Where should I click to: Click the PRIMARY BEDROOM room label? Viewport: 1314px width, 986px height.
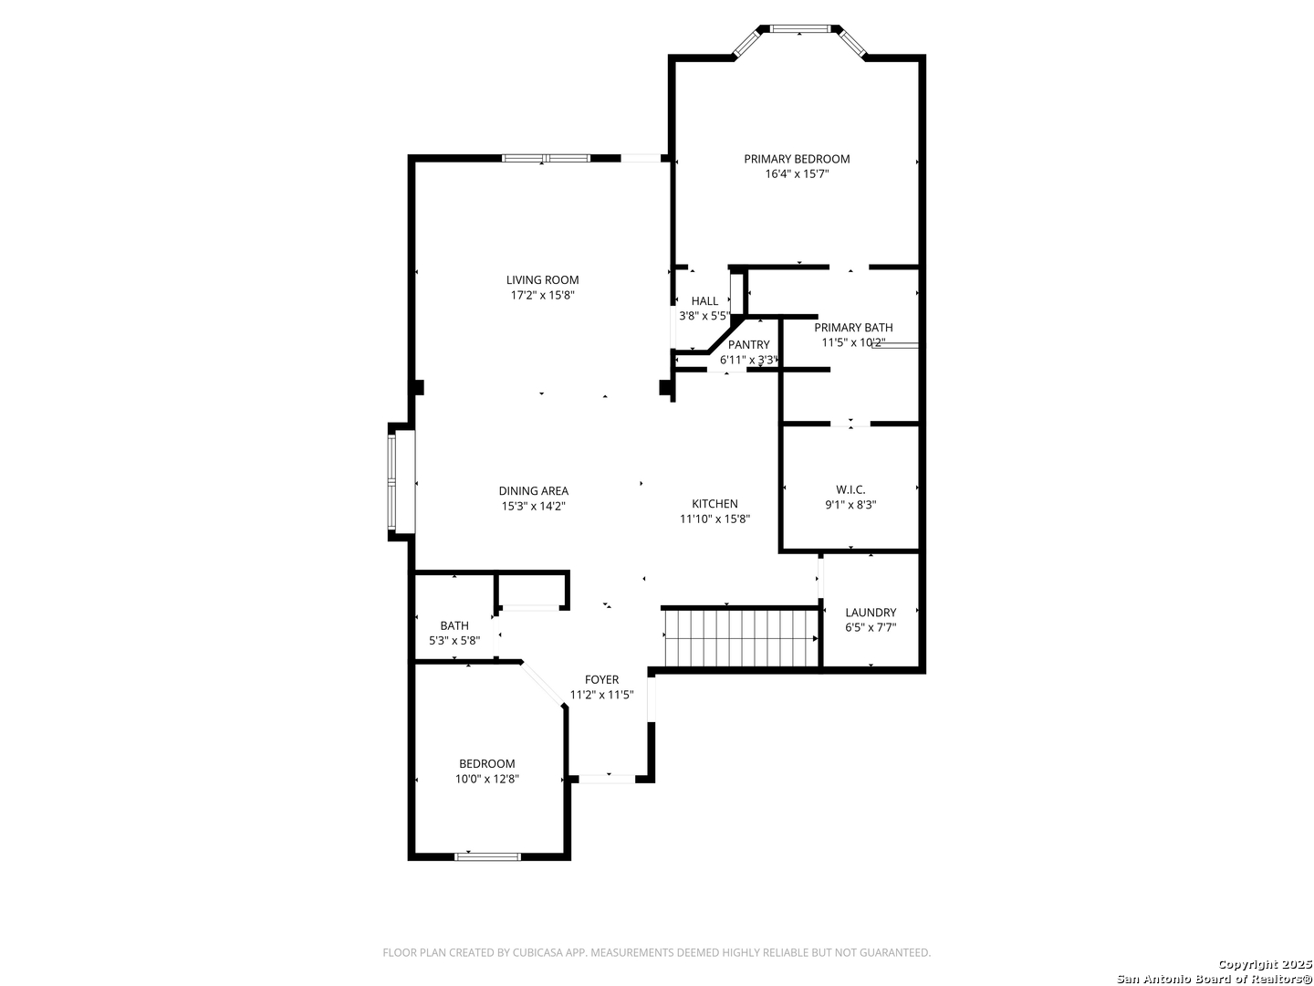(797, 159)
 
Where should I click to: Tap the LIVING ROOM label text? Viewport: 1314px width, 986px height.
(542, 280)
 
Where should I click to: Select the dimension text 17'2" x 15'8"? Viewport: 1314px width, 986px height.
(542, 295)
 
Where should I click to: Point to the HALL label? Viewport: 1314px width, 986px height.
(704, 301)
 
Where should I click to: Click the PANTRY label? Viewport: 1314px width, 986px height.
(748, 345)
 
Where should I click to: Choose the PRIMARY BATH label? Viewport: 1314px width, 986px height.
(853, 328)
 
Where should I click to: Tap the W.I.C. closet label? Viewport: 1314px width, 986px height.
(850, 489)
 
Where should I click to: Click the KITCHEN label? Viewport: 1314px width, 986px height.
(714, 503)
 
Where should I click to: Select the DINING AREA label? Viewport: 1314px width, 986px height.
(533, 491)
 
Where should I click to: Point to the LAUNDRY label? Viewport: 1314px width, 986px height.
(870, 613)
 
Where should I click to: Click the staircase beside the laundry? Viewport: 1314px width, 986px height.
(741, 637)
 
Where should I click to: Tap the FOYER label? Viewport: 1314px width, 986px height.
(601, 679)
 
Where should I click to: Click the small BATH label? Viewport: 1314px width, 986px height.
(454, 625)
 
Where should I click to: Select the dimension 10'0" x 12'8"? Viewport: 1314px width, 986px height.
(486, 779)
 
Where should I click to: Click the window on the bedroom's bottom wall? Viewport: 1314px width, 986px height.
(487, 856)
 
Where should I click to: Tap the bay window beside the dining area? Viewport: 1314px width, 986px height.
(392, 482)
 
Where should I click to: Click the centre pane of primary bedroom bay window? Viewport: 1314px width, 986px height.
(799, 28)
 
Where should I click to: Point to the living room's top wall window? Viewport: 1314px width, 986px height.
(546, 159)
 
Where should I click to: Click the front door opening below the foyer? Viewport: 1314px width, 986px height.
(607, 779)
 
